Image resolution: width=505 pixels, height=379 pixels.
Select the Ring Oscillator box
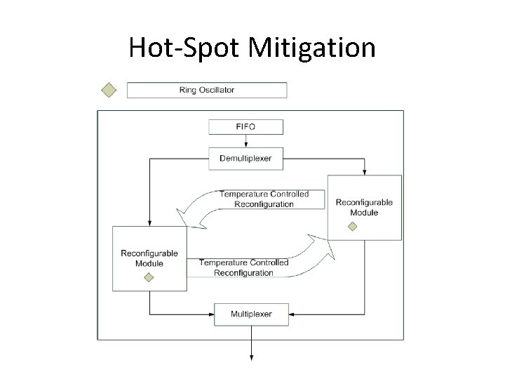click(206, 90)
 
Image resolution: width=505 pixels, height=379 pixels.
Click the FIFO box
click(246, 127)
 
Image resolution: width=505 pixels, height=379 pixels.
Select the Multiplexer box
click(251, 314)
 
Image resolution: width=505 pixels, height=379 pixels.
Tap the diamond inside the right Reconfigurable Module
click(352, 226)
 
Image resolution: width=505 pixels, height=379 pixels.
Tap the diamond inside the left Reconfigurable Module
click(148, 277)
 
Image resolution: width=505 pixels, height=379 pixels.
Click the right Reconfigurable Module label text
click(364, 207)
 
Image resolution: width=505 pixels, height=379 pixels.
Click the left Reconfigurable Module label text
click(149, 258)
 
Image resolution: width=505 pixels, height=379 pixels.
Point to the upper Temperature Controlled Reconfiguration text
click(263, 199)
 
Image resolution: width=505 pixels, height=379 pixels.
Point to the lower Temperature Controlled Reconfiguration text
click(243, 267)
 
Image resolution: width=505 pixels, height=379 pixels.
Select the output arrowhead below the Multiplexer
click(251, 357)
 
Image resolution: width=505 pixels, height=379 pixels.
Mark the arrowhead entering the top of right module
click(364, 173)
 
